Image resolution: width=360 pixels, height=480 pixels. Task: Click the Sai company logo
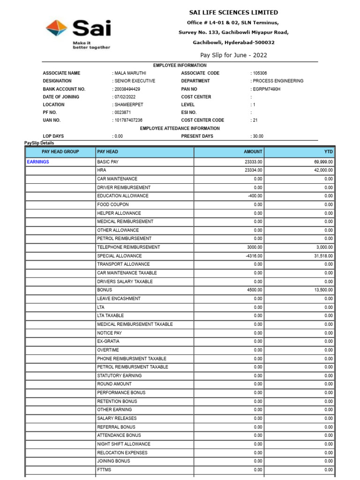pos(78,34)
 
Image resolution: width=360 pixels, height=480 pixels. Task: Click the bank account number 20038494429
pos(127,89)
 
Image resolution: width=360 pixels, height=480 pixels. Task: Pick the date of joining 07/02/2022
pos(125,97)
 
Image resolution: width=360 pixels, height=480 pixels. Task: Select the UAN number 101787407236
pos(128,120)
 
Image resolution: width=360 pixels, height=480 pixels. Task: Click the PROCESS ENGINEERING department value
pos(278,81)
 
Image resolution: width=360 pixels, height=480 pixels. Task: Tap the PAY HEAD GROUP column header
pos(60,152)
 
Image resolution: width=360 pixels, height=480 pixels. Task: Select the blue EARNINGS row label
pos(38,162)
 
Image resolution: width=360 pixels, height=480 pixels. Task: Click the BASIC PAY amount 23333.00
pos(253,162)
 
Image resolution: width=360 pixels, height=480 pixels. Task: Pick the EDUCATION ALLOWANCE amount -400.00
pos(255,196)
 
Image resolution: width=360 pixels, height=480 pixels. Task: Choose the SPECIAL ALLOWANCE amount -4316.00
pos(254,256)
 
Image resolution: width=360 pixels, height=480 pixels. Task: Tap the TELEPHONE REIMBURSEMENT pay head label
pos(128,247)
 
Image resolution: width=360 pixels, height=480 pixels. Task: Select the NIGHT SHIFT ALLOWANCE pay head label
pos(124,444)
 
